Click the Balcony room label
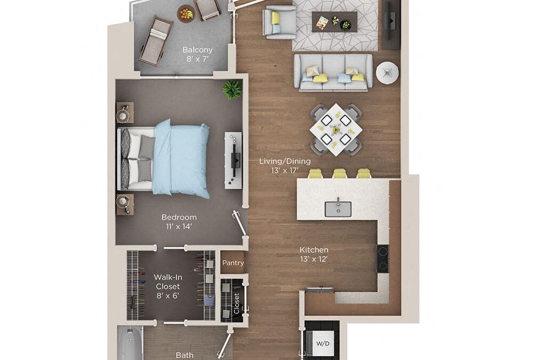point(197,50)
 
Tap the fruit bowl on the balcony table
point(186,12)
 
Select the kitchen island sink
point(337,209)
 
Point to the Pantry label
point(233,263)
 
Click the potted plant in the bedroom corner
point(232,89)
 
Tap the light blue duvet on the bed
point(181,158)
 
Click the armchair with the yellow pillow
point(279,22)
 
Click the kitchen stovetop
point(383,259)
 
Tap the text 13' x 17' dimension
point(285,171)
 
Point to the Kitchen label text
point(314,250)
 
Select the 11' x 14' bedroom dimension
point(179,226)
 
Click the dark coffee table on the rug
point(334,21)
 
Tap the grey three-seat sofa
point(333,73)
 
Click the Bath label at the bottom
point(185,355)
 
